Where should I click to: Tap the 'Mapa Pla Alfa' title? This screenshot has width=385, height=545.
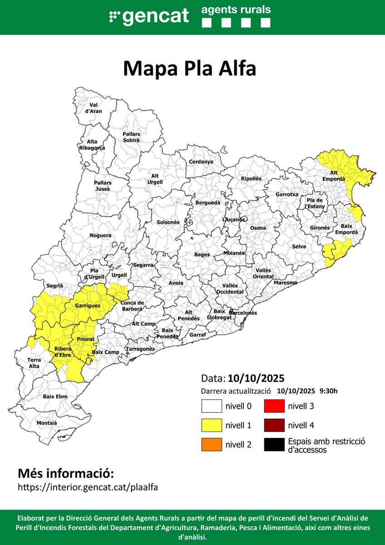[x=190, y=69]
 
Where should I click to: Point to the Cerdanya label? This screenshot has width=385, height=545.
[x=201, y=162]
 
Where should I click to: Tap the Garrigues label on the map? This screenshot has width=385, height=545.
[x=88, y=306]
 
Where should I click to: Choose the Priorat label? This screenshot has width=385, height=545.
[x=86, y=339]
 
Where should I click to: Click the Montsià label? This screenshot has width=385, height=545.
[x=47, y=423]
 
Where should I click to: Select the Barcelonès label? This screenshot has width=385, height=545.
[x=243, y=313]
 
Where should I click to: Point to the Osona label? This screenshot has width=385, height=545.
[x=258, y=228]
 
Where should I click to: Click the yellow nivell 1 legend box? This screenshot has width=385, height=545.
[x=211, y=425]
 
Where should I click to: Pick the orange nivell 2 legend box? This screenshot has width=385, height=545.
[x=211, y=444]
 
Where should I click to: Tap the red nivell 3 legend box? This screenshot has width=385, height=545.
[x=274, y=406]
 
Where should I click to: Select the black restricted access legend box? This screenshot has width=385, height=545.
[x=274, y=444]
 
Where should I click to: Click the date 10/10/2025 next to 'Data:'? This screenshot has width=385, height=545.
[x=256, y=378]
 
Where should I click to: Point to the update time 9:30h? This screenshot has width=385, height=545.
[x=328, y=391]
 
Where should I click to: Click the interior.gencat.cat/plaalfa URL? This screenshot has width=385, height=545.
[x=88, y=487]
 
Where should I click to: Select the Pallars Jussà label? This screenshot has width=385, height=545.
[x=103, y=185]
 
